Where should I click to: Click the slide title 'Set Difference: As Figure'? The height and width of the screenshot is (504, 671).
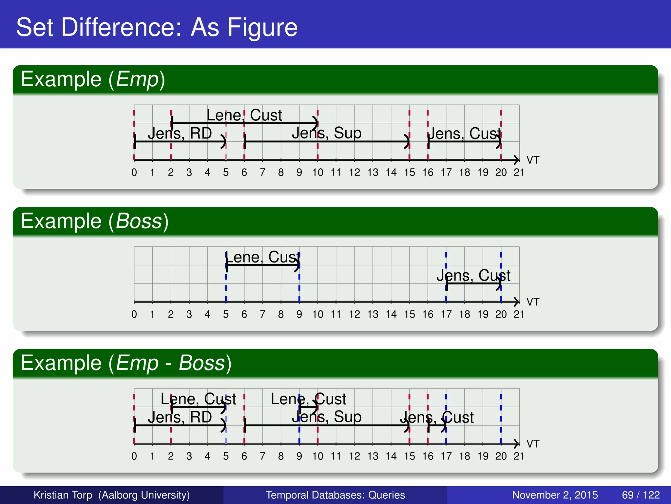point(157,27)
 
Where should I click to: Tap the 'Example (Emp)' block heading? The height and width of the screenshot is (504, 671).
point(93,79)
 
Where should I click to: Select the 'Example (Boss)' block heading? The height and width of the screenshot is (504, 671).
point(95,221)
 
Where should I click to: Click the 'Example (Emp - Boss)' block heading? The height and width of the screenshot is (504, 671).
point(126,363)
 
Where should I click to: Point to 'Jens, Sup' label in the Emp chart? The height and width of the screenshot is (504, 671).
point(326,133)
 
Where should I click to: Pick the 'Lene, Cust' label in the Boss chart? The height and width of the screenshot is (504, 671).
point(263,257)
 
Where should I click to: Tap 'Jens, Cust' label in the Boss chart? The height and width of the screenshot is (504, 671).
point(473,276)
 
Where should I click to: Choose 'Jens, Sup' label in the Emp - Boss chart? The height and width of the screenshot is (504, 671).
point(326,417)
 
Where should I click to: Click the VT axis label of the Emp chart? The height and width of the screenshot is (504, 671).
point(533,160)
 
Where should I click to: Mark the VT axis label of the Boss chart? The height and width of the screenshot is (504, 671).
point(533,302)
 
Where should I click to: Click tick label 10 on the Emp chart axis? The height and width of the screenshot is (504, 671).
point(317,173)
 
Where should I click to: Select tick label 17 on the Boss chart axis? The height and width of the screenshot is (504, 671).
point(446,314)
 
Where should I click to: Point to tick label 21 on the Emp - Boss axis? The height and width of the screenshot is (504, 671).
point(519,456)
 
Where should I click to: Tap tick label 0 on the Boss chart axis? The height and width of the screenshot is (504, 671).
point(134,314)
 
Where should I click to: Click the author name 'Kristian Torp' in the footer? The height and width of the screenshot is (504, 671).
point(63,495)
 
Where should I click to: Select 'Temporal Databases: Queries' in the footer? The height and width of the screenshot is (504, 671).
point(335,495)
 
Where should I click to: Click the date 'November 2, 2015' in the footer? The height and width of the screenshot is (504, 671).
point(555,495)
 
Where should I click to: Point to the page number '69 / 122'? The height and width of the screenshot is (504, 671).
point(641,495)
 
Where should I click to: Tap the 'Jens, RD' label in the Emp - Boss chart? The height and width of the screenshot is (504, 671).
point(180,417)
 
